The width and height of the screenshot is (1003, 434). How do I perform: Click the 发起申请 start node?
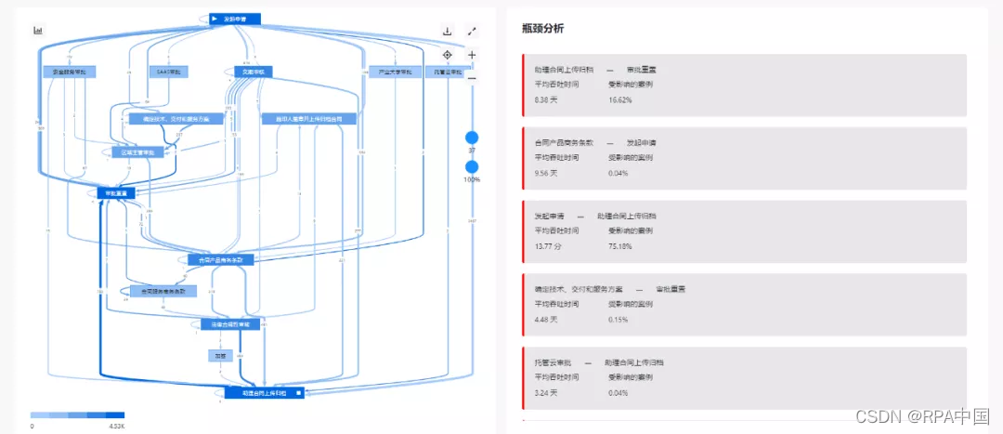click(235, 19)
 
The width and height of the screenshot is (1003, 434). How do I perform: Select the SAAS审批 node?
click(167, 72)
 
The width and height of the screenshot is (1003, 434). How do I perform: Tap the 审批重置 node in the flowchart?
click(116, 192)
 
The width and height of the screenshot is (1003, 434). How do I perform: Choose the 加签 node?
click(220, 355)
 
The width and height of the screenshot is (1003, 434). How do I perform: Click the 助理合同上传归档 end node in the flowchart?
click(264, 393)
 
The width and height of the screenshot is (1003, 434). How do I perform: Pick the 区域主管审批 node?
click(138, 151)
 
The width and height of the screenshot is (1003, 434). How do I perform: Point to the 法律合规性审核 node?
click(232, 324)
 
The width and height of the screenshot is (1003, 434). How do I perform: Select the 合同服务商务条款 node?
click(163, 291)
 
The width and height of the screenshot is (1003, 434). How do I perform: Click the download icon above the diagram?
click(447, 32)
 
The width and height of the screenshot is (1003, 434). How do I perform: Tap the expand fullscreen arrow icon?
click(472, 32)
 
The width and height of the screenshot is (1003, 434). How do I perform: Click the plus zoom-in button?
click(472, 55)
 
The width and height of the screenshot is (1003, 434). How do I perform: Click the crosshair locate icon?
click(447, 55)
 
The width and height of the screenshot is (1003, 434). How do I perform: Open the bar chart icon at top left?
click(39, 30)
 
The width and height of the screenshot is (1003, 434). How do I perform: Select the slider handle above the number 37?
click(472, 138)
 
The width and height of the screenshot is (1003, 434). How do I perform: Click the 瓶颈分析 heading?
click(542, 29)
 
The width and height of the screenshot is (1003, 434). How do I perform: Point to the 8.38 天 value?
click(547, 99)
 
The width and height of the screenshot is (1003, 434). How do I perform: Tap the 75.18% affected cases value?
click(621, 245)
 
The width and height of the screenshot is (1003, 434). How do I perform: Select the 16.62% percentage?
click(620, 99)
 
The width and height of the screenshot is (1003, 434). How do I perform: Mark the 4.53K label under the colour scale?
click(116, 426)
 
